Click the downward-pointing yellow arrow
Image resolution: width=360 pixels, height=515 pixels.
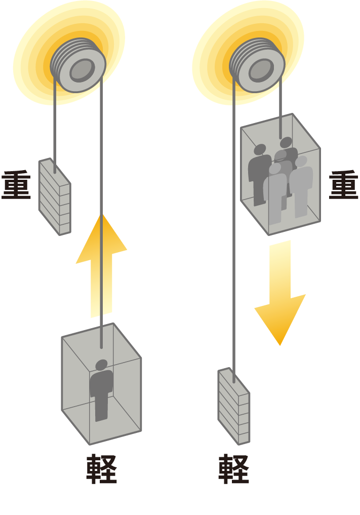click(x=280, y=294)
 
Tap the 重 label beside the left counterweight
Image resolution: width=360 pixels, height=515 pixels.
click(x=17, y=186)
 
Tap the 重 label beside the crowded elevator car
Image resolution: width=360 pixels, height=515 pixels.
click(x=343, y=185)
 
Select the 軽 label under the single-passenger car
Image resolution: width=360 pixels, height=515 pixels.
click(x=101, y=469)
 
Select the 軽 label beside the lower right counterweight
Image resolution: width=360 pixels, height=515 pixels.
click(x=233, y=469)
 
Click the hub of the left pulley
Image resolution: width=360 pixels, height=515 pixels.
click(x=82, y=70)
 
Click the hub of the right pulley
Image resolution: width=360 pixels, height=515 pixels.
click(x=260, y=70)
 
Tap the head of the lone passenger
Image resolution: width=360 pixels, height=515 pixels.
click(x=101, y=365)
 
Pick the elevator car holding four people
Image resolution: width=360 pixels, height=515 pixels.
click(x=280, y=175)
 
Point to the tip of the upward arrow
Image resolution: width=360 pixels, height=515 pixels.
click(x=101, y=215)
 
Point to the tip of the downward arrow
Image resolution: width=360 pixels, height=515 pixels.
click(x=280, y=344)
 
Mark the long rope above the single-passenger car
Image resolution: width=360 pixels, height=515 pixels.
click(x=102, y=213)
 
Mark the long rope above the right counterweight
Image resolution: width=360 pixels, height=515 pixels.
click(x=233, y=228)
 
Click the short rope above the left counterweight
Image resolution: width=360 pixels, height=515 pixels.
click(x=54, y=127)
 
